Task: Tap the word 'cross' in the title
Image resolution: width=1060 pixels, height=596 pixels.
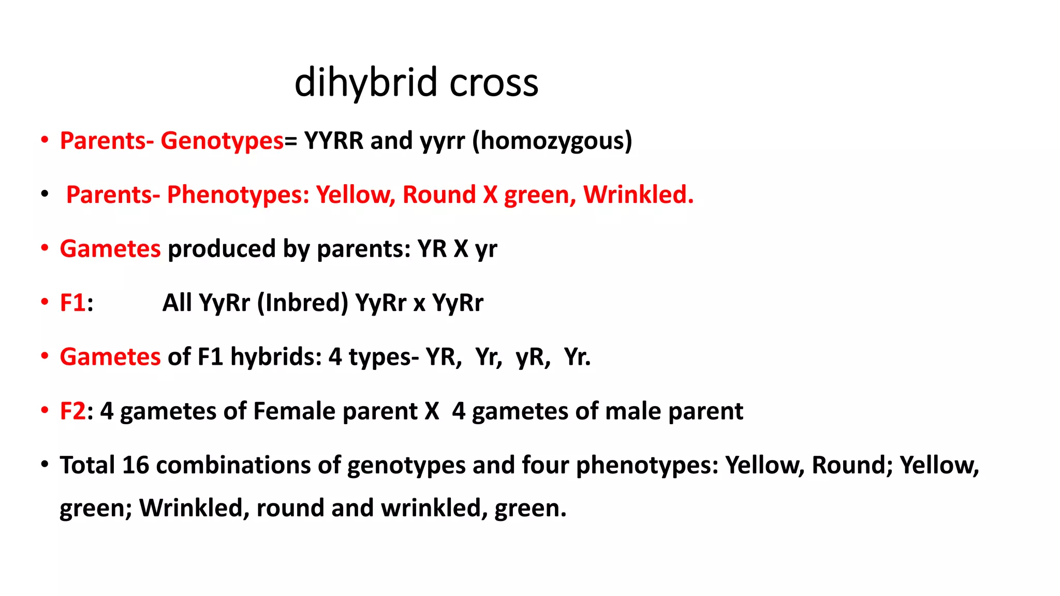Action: [x=494, y=83]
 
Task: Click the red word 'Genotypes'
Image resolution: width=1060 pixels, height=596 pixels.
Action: [x=222, y=141]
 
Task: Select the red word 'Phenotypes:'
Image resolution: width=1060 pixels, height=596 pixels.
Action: [x=238, y=195]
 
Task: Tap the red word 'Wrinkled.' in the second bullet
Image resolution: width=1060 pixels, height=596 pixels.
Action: [x=638, y=195]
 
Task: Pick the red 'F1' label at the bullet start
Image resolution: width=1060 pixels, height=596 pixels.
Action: [x=72, y=303]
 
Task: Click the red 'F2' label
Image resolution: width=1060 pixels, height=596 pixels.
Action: [x=72, y=411]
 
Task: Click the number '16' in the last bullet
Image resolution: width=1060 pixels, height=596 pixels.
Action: [x=135, y=465]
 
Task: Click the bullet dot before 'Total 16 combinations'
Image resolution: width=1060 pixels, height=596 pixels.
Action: [x=45, y=464]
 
